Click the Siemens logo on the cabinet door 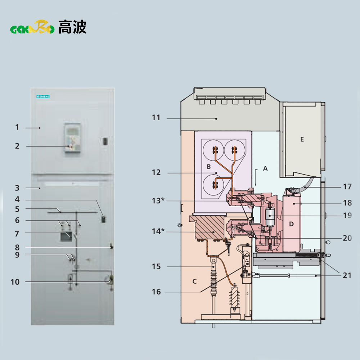pyautogui.click(x=43, y=96)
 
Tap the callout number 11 pyautogui.click(x=156, y=118)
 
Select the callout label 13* pyautogui.click(x=158, y=200)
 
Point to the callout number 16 pyautogui.click(x=156, y=292)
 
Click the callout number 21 pyautogui.click(x=347, y=275)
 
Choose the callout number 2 pyautogui.click(x=17, y=146)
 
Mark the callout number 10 pyautogui.click(x=15, y=282)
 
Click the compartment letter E pyautogui.click(x=302, y=139)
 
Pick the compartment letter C pyautogui.click(x=194, y=281)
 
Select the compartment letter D pyautogui.click(x=292, y=224)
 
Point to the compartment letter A pyautogui.click(x=266, y=168)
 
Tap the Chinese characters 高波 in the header pyautogui.click(x=72, y=27)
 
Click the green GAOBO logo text pyautogui.click(x=32, y=28)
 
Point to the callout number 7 pyautogui.click(x=17, y=233)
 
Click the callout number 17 pyautogui.click(x=347, y=187)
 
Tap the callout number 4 pyautogui.click(x=17, y=199)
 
